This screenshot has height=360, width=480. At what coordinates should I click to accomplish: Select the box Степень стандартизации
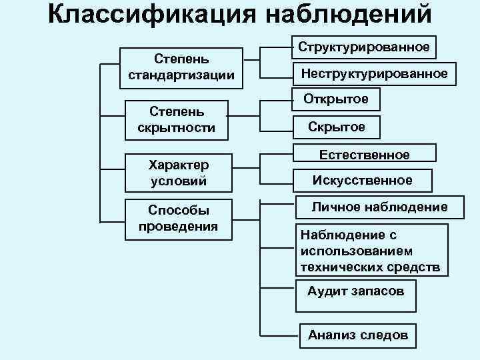(181, 67)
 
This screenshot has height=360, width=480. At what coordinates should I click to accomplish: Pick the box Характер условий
(177, 172)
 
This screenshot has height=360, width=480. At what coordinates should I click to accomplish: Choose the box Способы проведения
(178, 218)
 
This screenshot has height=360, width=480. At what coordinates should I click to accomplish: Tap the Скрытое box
(336, 127)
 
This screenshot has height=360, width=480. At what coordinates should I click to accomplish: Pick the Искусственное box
(363, 180)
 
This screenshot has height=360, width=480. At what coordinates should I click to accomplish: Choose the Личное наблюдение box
(379, 207)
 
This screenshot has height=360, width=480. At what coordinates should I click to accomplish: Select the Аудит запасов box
(355, 291)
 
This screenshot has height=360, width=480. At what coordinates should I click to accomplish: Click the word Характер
(178, 165)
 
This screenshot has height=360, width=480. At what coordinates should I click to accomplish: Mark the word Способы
(179, 211)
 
